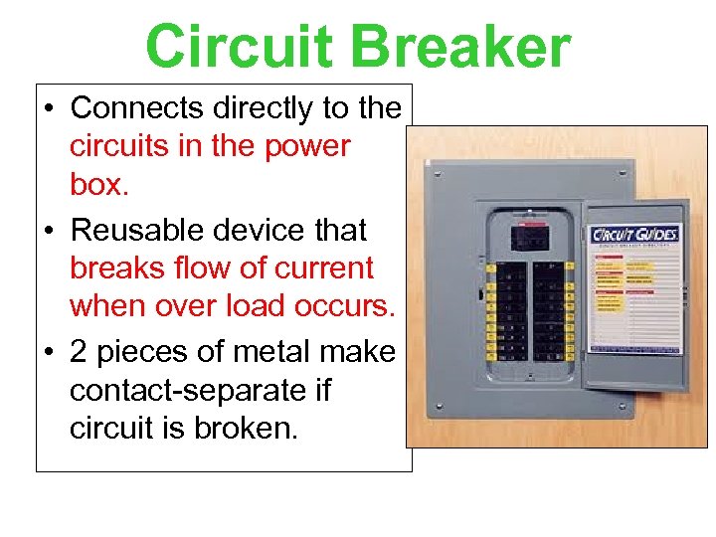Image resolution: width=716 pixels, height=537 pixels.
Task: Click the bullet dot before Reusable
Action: (x=51, y=231)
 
